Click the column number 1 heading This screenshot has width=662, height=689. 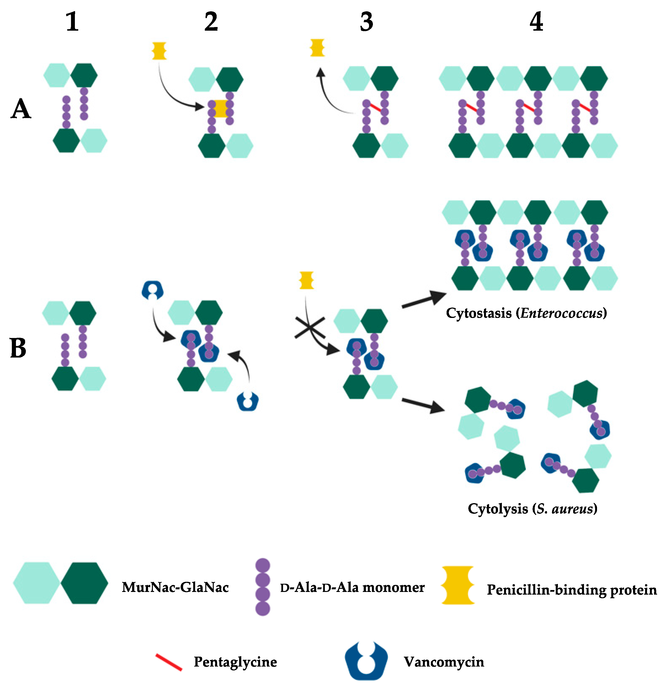click(72, 22)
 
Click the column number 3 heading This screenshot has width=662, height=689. click(366, 22)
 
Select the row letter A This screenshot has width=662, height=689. click(21, 109)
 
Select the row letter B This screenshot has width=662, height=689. click(18, 348)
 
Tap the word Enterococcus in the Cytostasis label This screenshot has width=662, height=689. click(561, 313)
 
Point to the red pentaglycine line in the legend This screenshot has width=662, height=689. click(169, 662)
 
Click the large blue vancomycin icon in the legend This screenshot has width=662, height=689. click(366, 661)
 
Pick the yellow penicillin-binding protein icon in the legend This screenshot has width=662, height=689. click(458, 585)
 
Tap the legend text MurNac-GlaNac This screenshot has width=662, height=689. click(175, 587)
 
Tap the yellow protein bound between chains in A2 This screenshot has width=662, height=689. click(221, 108)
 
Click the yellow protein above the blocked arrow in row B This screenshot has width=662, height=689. click(306, 280)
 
